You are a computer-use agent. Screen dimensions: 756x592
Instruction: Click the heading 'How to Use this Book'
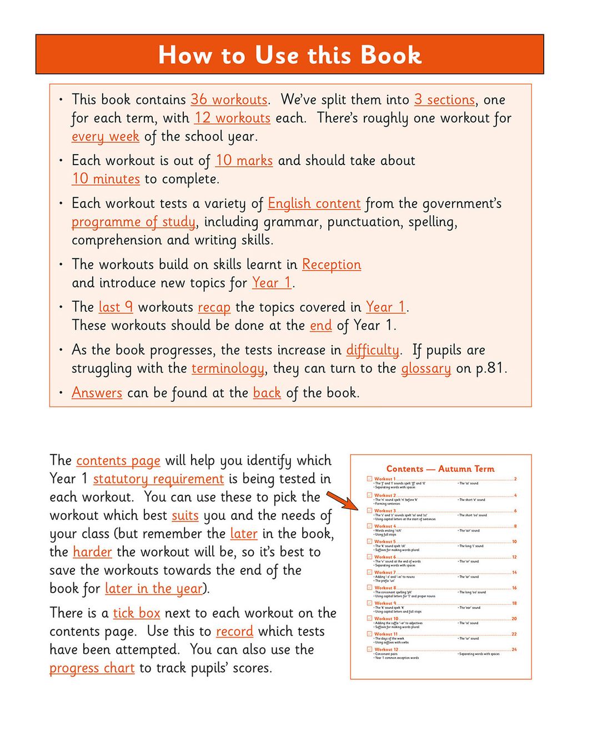pyautogui.click(x=289, y=54)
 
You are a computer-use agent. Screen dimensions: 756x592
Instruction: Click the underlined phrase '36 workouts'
pyautogui.click(x=229, y=100)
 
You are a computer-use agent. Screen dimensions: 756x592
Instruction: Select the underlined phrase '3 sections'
pyautogui.click(x=444, y=100)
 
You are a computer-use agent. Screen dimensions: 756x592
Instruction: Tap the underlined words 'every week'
pyautogui.click(x=105, y=136)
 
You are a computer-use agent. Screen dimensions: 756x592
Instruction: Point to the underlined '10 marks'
pyautogui.click(x=244, y=161)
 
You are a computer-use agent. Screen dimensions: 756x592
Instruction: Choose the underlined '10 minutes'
pyautogui.click(x=106, y=179)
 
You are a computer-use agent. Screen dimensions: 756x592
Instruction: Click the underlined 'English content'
pyautogui.click(x=314, y=203)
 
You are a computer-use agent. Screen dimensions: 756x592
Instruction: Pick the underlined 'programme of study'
pyautogui.click(x=133, y=222)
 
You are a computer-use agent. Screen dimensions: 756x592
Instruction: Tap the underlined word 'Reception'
pyautogui.click(x=331, y=265)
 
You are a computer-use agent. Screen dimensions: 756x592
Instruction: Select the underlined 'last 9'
pyautogui.click(x=116, y=307)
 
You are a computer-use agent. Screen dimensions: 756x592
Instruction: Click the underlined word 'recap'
pyautogui.click(x=214, y=307)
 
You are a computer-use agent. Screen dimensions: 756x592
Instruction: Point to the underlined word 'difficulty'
pyautogui.click(x=372, y=350)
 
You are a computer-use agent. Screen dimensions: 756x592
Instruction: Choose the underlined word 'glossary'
pyautogui.click(x=426, y=369)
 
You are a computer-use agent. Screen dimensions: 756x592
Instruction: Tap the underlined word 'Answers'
pyautogui.click(x=97, y=393)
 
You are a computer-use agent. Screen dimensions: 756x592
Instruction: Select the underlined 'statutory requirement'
pyautogui.click(x=158, y=479)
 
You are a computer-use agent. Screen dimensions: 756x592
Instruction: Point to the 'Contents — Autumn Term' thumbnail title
pyautogui.click(x=440, y=469)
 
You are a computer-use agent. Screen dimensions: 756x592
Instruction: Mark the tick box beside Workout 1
pyautogui.click(x=369, y=479)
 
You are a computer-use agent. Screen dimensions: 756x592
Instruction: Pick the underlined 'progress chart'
pyautogui.click(x=92, y=668)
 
